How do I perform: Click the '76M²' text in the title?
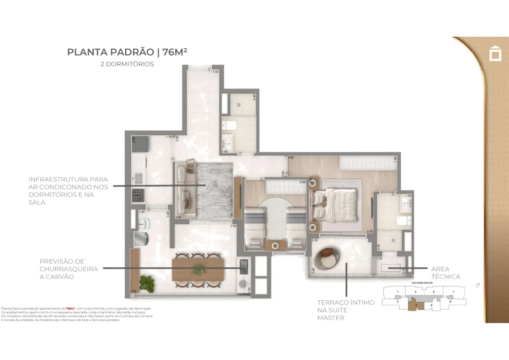click(171, 52)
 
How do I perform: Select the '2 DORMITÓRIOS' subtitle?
click(127, 64)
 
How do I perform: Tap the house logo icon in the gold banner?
click(495, 53)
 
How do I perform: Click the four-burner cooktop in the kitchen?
click(138, 194)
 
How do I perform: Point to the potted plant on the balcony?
click(147, 283)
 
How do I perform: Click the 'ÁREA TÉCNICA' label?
click(445, 272)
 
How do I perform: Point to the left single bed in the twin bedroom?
click(255, 229)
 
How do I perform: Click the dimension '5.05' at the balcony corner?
click(133, 291)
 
